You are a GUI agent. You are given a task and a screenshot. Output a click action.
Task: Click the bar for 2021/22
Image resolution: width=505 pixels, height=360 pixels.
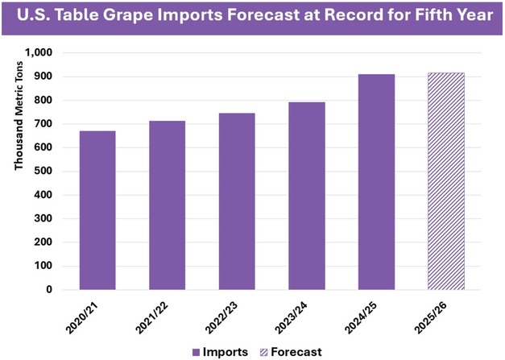pos(167,205)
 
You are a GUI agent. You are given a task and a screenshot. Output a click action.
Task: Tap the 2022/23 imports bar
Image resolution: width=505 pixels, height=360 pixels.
pos(237,201)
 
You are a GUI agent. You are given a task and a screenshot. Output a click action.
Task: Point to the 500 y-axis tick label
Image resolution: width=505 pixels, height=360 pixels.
pos(43,172)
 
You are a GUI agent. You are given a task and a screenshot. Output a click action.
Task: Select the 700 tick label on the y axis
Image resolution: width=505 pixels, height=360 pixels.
pos(43,124)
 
